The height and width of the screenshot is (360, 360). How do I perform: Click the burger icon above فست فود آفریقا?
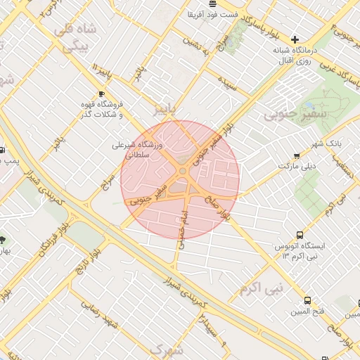(x=213, y=4)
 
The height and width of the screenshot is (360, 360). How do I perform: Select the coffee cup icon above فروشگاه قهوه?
(x=103, y=94)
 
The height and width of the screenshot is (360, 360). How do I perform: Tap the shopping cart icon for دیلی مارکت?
(x=297, y=156)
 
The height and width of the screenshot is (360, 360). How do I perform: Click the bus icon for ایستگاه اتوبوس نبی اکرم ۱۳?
(x=300, y=235)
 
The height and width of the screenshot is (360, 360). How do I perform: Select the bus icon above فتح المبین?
(x=307, y=298)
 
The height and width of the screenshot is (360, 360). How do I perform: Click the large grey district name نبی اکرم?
(x=260, y=288)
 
